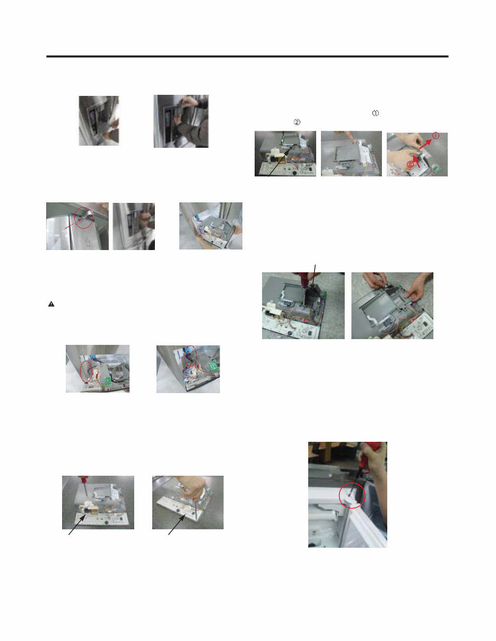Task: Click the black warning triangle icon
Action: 51,305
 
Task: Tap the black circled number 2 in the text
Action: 297,122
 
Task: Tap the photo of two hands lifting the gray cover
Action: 392,306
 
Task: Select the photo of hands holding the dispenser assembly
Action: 211,226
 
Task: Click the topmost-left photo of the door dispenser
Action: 99,121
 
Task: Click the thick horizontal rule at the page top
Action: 247,56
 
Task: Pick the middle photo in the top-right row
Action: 351,154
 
